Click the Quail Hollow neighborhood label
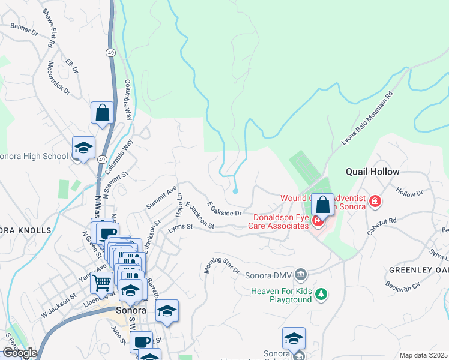coord(372,172)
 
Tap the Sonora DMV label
coord(268,276)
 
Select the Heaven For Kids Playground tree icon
coord(322,293)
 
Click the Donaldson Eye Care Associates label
coord(280,221)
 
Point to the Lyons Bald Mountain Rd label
coord(367,118)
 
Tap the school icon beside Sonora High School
coord(83,148)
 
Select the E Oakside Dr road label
coord(224,209)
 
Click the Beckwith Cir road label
coord(402,290)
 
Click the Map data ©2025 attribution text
coord(423,355)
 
